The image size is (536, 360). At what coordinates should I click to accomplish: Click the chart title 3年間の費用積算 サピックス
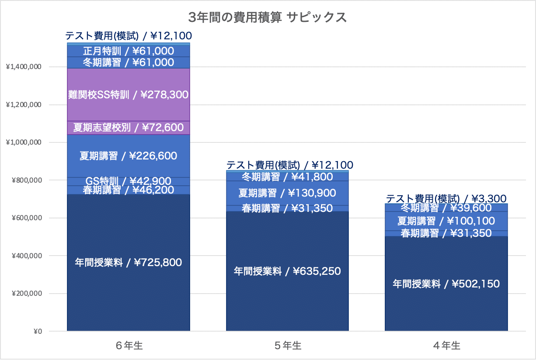[x=268, y=17]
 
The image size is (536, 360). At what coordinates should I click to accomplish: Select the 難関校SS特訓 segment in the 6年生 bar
[x=129, y=94]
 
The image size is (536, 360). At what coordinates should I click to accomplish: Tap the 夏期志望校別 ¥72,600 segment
[x=129, y=128]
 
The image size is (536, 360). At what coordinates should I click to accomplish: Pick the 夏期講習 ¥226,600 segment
[x=129, y=156]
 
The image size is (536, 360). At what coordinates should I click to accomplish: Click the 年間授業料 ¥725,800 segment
[x=129, y=263]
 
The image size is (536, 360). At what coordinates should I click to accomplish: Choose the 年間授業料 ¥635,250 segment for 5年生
[x=287, y=271]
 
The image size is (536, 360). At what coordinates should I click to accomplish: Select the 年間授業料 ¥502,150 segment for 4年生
[x=446, y=284]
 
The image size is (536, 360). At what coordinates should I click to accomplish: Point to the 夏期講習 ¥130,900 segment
[x=287, y=193]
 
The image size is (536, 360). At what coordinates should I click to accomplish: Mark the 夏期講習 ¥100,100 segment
[x=446, y=221]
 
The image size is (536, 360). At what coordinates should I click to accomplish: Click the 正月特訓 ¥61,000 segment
[x=129, y=51]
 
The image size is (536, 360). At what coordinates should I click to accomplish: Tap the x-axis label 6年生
[x=129, y=346]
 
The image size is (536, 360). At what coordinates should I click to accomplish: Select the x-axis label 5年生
[x=288, y=346]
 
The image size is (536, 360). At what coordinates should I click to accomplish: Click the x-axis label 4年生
[x=447, y=346]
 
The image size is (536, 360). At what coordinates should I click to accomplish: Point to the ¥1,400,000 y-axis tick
[x=24, y=67]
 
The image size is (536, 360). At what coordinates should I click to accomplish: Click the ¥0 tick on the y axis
[x=38, y=331]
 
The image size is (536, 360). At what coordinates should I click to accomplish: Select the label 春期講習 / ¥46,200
[x=129, y=190]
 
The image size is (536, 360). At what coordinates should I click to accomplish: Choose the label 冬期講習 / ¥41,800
[x=287, y=177]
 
